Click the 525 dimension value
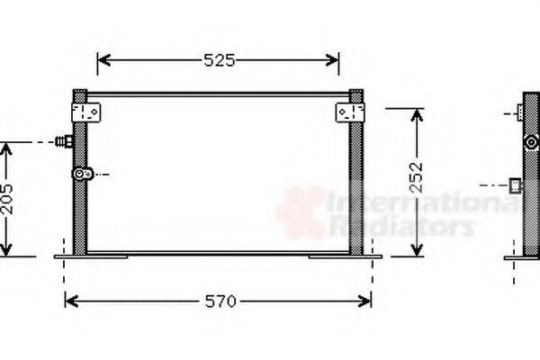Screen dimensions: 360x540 click(x=219, y=60)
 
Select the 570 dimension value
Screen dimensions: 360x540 click(x=218, y=301)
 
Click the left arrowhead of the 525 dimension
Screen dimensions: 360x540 click(x=102, y=60)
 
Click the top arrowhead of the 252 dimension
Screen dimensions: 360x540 click(x=416, y=113)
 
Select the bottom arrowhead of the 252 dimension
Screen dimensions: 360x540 click(x=416, y=251)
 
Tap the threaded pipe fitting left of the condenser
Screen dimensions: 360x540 click(x=64, y=141)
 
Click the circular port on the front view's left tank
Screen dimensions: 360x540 click(x=83, y=174)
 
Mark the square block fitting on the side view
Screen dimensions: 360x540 click(x=516, y=186)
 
